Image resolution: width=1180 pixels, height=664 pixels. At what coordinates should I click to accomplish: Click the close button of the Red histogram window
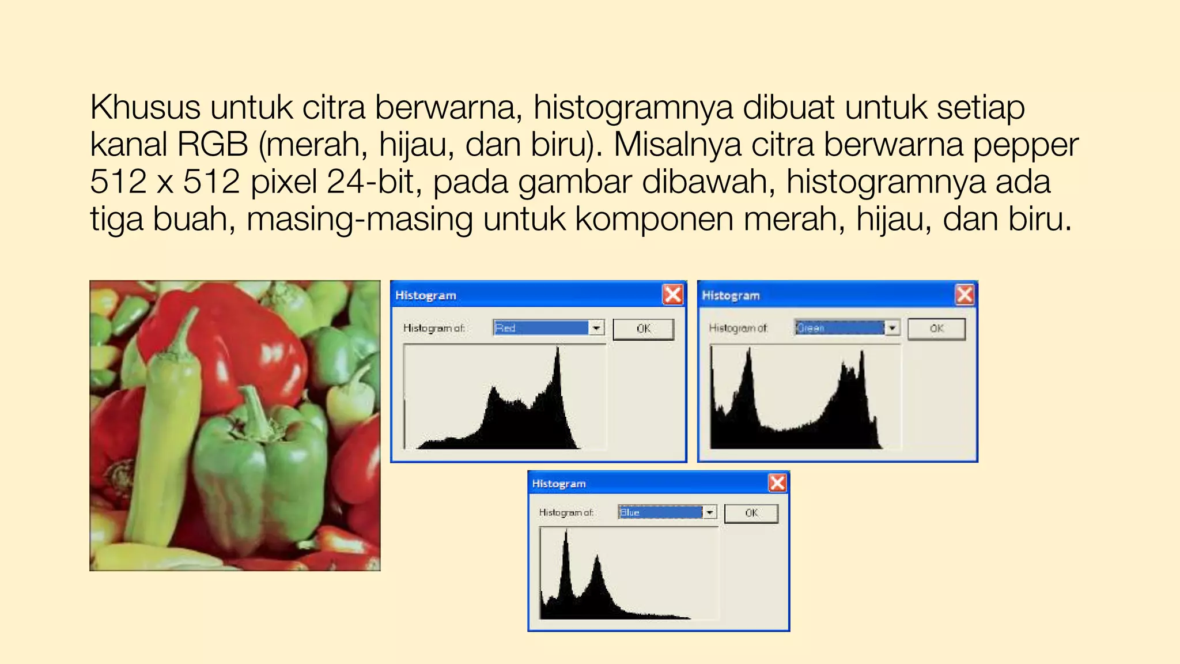click(672, 295)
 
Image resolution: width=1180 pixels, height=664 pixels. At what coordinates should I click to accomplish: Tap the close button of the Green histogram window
click(965, 295)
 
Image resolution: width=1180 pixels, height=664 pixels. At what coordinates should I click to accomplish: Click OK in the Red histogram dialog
click(643, 329)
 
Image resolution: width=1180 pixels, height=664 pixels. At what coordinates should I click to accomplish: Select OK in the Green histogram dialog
click(936, 329)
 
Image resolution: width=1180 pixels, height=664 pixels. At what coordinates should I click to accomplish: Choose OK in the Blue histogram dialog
click(751, 513)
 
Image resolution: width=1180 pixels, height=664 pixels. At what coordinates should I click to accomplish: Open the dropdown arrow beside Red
click(596, 328)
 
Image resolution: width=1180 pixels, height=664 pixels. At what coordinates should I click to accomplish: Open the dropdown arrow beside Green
click(892, 328)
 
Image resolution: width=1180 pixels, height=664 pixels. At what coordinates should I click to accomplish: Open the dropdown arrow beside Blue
click(710, 512)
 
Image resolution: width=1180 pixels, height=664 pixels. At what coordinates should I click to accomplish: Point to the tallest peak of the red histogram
click(557, 349)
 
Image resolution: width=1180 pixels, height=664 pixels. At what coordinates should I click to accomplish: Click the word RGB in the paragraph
click(212, 144)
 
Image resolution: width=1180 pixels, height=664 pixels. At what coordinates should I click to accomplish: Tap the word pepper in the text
click(1025, 144)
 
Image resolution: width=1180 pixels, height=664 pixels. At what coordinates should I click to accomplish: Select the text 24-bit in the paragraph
click(370, 182)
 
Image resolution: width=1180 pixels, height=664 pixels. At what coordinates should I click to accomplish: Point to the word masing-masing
click(360, 219)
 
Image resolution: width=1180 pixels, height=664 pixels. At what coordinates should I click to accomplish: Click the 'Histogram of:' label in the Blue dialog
click(566, 512)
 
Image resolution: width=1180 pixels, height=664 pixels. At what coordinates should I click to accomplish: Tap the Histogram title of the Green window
click(731, 296)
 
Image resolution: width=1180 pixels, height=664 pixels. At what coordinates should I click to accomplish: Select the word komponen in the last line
click(653, 219)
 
